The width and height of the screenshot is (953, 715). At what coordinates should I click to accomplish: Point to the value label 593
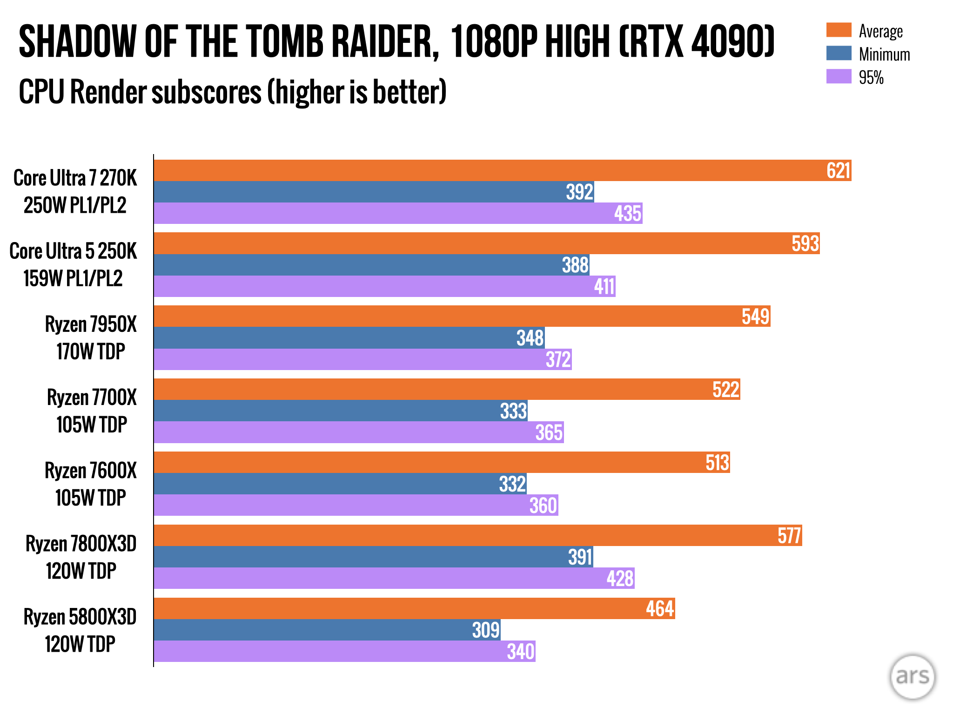click(x=805, y=243)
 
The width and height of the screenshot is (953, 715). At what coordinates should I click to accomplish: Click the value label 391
click(x=580, y=557)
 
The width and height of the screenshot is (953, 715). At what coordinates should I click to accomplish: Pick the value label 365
click(x=549, y=432)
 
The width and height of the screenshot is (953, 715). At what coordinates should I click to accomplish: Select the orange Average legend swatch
click(x=839, y=30)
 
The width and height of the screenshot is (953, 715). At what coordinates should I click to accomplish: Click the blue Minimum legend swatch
click(x=839, y=54)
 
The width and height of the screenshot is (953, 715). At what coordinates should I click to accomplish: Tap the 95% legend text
click(x=871, y=77)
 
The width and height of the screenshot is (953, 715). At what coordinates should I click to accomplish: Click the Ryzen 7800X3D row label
click(x=81, y=557)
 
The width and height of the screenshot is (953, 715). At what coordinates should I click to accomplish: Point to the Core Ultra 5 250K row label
click(x=73, y=264)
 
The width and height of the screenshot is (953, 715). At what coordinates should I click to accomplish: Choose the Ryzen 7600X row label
click(x=91, y=484)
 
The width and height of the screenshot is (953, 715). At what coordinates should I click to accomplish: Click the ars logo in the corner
click(x=912, y=676)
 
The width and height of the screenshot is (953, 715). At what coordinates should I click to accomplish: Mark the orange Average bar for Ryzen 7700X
click(x=447, y=389)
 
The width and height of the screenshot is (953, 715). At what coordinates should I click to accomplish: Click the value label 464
click(x=660, y=608)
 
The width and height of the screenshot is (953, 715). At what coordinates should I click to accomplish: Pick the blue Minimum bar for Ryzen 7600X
click(x=340, y=484)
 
